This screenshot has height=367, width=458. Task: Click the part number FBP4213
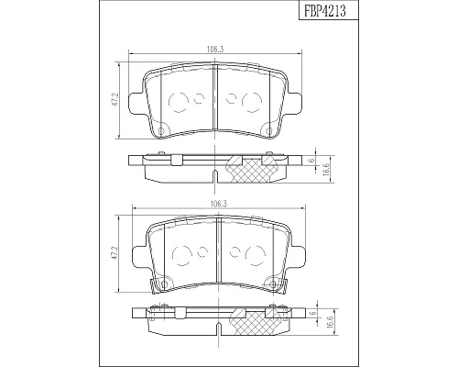point(325,12)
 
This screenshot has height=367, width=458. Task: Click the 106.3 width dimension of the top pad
point(215,49)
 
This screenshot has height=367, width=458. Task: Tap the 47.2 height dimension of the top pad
point(115,99)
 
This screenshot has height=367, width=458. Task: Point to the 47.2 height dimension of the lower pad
point(115,253)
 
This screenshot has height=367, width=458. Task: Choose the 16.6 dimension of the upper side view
point(325,168)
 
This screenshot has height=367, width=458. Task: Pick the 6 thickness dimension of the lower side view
point(312,314)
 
